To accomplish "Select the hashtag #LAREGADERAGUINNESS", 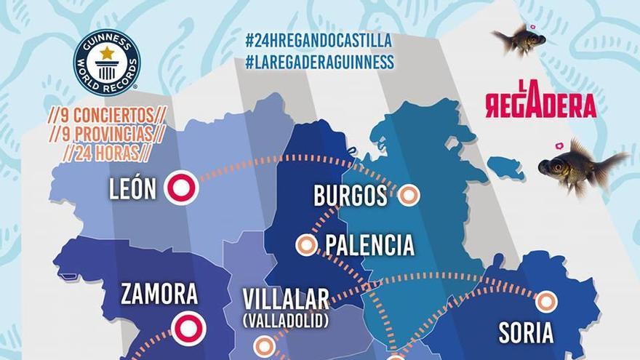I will tap(319, 62).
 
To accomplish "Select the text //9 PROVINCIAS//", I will tap(105, 135).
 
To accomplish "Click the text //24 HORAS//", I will tap(106, 153).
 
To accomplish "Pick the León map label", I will tap(132, 189).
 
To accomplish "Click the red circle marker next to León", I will tap(181, 188).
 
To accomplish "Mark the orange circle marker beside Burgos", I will tap(408, 195).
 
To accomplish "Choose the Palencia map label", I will tap(369, 245).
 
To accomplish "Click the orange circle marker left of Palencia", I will tap(306, 245).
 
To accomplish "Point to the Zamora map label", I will tap(159, 294).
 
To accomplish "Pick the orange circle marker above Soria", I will tap(545, 301).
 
